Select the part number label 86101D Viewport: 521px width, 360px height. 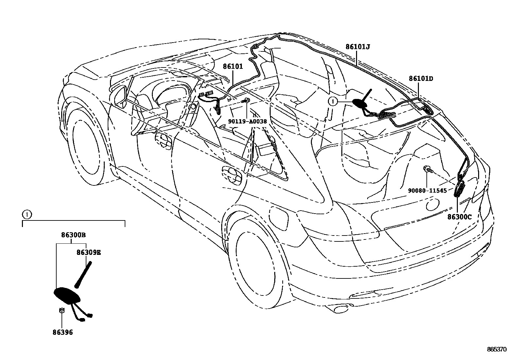click(x=421, y=79)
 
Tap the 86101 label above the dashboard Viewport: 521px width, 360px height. click(x=233, y=66)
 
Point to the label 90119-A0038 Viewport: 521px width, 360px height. click(x=247, y=121)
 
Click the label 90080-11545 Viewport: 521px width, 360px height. click(x=427, y=190)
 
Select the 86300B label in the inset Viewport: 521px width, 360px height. click(x=73, y=235)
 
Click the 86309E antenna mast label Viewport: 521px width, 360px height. click(x=89, y=253)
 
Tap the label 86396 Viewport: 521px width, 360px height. click(x=63, y=333)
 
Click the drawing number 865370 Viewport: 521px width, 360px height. click(x=496, y=350)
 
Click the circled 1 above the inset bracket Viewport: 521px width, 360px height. click(x=27, y=215)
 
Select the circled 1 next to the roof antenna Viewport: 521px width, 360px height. click(x=333, y=102)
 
